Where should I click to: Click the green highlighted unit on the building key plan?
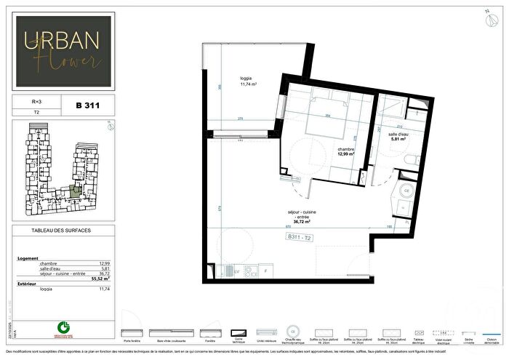(x=75, y=192)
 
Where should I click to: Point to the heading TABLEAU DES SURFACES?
(x=62, y=231)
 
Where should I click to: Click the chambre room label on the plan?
(x=345, y=150)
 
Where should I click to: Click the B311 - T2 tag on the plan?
(x=300, y=238)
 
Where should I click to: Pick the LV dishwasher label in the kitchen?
(x=237, y=271)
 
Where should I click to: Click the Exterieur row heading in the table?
(x=27, y=284)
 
